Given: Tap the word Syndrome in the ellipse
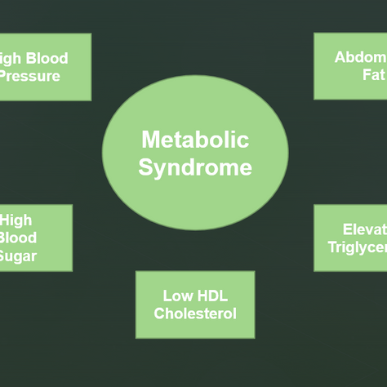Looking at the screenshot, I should point(194,167).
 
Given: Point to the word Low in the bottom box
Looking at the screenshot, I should point(177,296).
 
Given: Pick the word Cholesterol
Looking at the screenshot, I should point(194,313).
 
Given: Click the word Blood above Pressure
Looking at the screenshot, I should point(47,58).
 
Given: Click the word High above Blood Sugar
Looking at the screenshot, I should point(16,220).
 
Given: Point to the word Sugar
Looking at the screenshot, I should point(18,256).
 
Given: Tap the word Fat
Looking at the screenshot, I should point(372,74).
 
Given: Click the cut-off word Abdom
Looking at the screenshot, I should point(360,57).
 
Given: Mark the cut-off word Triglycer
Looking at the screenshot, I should point(358,247).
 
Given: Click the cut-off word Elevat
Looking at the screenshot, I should point(364,229).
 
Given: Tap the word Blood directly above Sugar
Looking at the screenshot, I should point(18,238).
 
